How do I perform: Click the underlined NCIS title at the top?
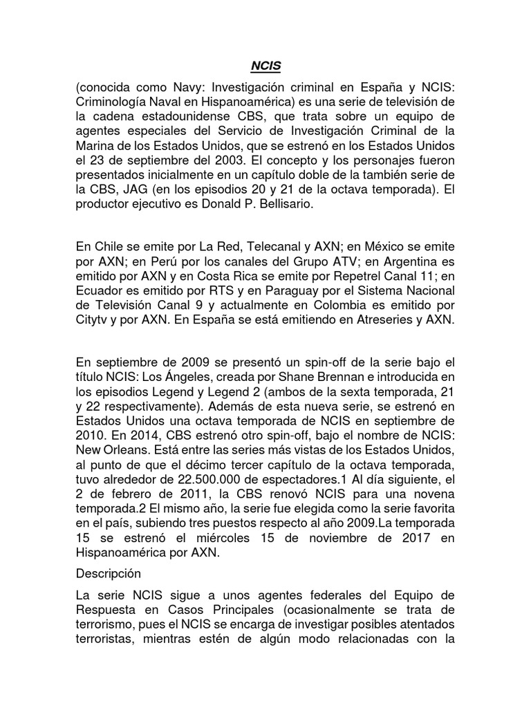(x=265, y=68)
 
